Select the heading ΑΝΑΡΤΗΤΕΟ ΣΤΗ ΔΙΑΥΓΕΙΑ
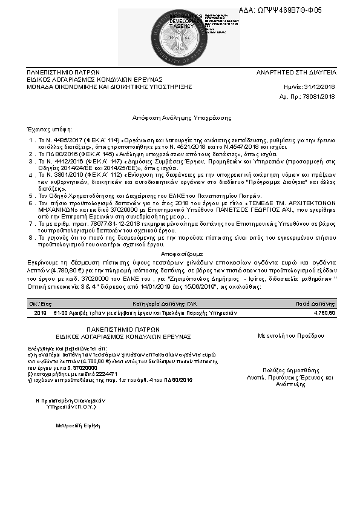point(296,72)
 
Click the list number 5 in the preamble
point(31,196)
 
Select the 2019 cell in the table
point(40,313)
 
